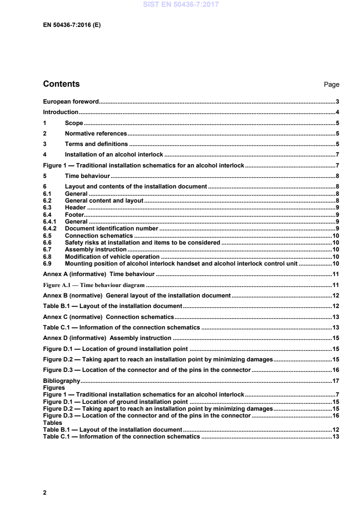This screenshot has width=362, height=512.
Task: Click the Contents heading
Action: click(x=61, y=84)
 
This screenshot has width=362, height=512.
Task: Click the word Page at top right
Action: click(x=331, y=85)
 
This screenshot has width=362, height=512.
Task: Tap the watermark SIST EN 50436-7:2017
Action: click(x=181, y=5)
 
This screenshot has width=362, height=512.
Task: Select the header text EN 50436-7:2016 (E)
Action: click(x=72, y=26)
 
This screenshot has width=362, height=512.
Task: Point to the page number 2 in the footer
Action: click(x=45, y=492)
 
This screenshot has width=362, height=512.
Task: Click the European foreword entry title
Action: click(x=68, y=101)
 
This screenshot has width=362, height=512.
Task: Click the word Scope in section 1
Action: click(x=74, y=123)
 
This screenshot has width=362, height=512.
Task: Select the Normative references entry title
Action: click(x=96, y=134)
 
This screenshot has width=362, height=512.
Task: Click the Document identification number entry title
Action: click(x=112, y=228)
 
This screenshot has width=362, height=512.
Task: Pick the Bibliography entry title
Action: click(x=61, y=381)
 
